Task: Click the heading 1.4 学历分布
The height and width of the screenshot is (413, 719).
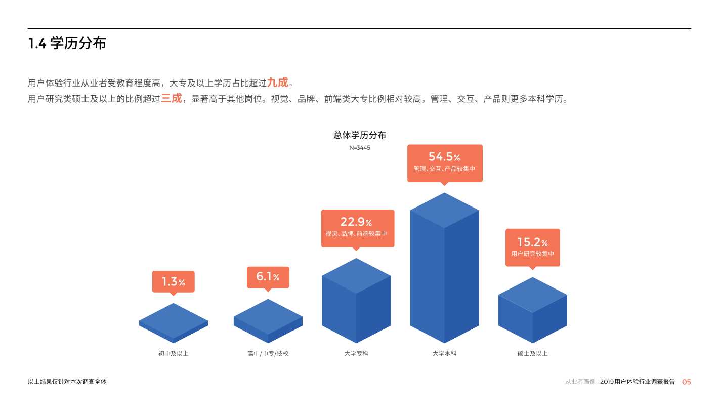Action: (67, 44)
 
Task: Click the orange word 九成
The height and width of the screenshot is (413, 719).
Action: (277, 82)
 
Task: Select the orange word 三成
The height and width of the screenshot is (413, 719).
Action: (171, 99)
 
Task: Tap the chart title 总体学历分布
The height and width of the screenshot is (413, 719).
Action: (359, 135)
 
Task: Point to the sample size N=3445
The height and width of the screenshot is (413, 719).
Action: (359, 148)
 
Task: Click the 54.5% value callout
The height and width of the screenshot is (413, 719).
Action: (445, 162)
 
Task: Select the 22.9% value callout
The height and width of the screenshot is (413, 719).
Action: (357, 228)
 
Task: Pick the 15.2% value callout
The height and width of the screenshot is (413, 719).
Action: (532, 247)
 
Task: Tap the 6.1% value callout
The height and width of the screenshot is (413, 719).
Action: (268, 277)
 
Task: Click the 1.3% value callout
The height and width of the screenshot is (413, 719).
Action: (173, 281)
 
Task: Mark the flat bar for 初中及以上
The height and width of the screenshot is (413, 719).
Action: (173, 322)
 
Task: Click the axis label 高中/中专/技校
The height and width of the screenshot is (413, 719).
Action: (268, 353)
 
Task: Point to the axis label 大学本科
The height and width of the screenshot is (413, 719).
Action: (444, 353)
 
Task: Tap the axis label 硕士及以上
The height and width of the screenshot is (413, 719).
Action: (532, 353)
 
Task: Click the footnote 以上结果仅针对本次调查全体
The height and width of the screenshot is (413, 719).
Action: (67, 382)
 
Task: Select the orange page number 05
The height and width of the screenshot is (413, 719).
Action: (686, 382)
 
